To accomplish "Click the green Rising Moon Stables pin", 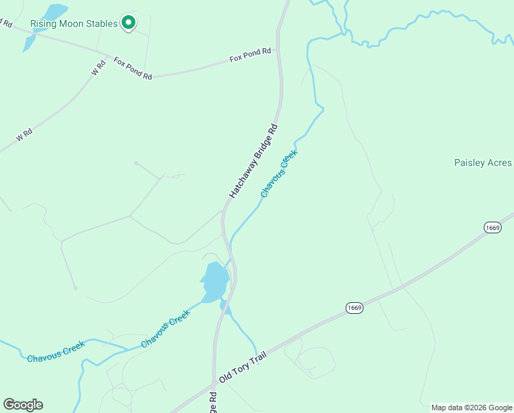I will [x=128, y=23].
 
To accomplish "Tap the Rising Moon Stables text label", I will [x=74, y=24].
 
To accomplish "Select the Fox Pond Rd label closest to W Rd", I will [x=133, y=69].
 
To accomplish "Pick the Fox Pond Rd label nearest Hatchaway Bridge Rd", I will [x=251, y=56].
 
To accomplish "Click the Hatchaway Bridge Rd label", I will [x=254, y=162].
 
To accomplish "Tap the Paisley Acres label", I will [x=483, y=163].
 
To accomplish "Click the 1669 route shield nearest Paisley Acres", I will [x=492, y=228].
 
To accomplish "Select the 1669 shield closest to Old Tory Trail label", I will [x=354, y=307].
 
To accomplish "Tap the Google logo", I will [x=23, y=405].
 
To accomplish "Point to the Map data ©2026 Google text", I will [x=472, y=407].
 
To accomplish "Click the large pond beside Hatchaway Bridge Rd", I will [x=216, y=280].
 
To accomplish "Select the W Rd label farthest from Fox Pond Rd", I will [x=25, y=134].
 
